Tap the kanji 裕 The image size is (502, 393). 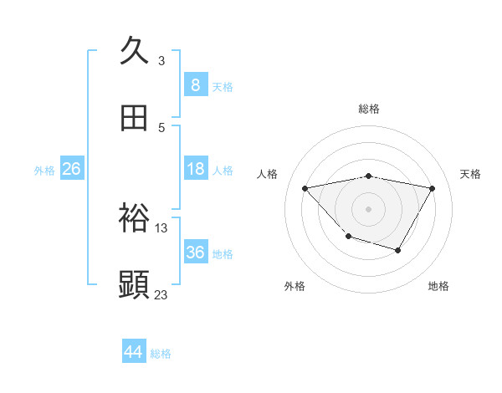(135, 218)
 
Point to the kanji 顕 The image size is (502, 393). (135, 284)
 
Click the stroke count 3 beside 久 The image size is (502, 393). (161, 60)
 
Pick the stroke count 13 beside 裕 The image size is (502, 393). (161, 227)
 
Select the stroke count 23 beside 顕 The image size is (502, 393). (161, 294)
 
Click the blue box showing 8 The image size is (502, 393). (195, 84)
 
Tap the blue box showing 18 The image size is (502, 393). (195, 169)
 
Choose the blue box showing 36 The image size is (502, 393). (195, 253)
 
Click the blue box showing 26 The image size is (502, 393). (71, 169)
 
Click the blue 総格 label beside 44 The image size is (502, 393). (161, 354)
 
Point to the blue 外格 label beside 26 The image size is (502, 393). (44, 171)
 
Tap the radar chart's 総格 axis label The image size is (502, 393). (369, 109)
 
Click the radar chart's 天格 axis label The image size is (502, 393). (470, 174)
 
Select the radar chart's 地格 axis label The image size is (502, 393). (438, 287)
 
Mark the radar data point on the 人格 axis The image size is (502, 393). (305, 188)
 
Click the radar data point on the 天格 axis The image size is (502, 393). (432, 188)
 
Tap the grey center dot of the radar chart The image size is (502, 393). (369, 208)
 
